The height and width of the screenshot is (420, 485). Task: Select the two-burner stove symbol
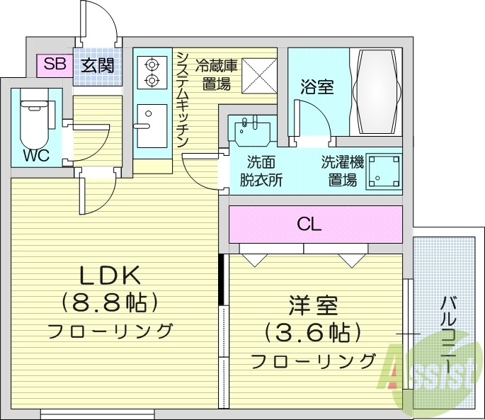click(151, 72)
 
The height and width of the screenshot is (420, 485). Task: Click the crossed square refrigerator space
click(259, 74)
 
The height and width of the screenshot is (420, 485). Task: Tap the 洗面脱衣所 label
click(260, 171)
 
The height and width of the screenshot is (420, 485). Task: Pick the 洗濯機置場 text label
click(341, 171)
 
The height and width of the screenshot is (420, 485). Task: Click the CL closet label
click(309, 225)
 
